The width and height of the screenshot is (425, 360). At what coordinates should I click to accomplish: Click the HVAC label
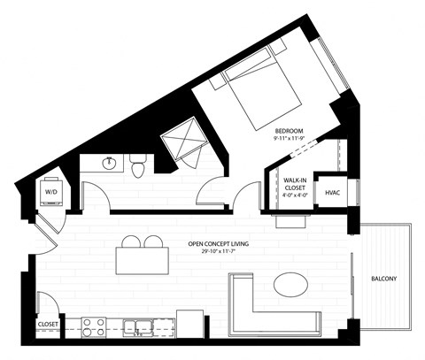pos(333,192)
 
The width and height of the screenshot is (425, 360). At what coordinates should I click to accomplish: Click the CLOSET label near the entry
pos(48,325)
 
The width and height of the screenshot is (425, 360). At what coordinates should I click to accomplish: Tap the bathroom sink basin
pos(108,163)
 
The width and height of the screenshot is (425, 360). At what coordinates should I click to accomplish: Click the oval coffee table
pos(290,286)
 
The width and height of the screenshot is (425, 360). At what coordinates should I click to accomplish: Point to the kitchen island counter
pos(143,262)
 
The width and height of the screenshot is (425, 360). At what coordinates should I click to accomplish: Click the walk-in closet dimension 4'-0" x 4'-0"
pos(296,195)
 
